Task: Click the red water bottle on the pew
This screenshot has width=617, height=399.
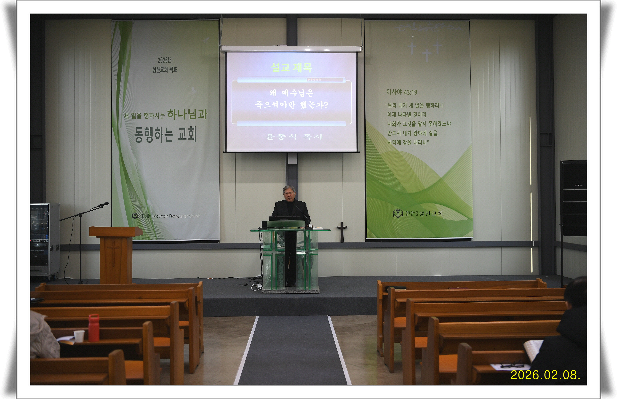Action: point(94,328)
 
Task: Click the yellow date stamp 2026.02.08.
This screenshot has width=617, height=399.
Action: point(545,375)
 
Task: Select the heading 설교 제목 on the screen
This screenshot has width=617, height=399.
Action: point(292,68)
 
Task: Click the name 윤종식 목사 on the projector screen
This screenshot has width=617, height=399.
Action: point(294,137)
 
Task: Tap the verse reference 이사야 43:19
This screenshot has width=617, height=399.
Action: point(402,92)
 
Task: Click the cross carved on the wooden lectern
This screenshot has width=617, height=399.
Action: point(114,253)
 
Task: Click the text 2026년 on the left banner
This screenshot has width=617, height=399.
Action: point(165,60)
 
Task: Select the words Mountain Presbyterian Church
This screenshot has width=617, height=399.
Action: point(177,216)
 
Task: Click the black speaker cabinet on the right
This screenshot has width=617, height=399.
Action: point(573,198)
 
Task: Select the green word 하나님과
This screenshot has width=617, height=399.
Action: point(187,114)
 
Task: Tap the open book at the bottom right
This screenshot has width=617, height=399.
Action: point(533,350)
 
